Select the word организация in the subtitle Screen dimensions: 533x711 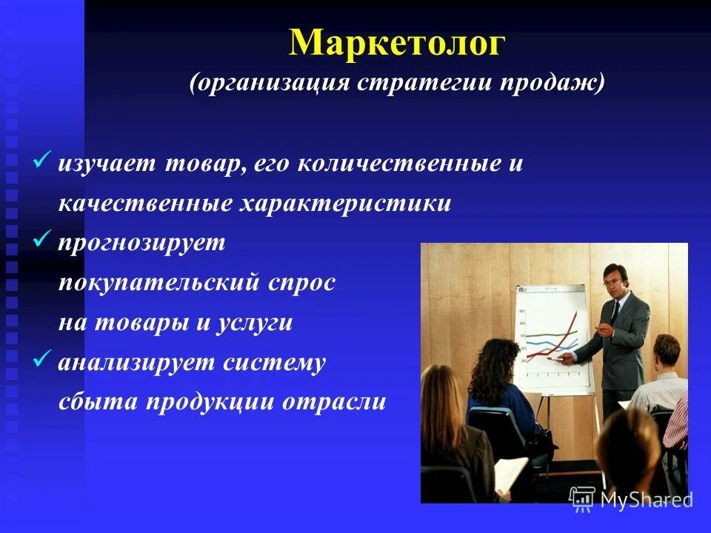coord(269,83)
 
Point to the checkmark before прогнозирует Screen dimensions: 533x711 coord(42,241)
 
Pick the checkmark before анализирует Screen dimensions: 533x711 coord(42,361)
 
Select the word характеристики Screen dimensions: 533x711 coord(344,204)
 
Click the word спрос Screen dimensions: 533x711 coord(301,283)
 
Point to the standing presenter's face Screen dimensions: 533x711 coord(615,284)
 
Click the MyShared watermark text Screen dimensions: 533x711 coord(646,500)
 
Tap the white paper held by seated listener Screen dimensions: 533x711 coord(511,474)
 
